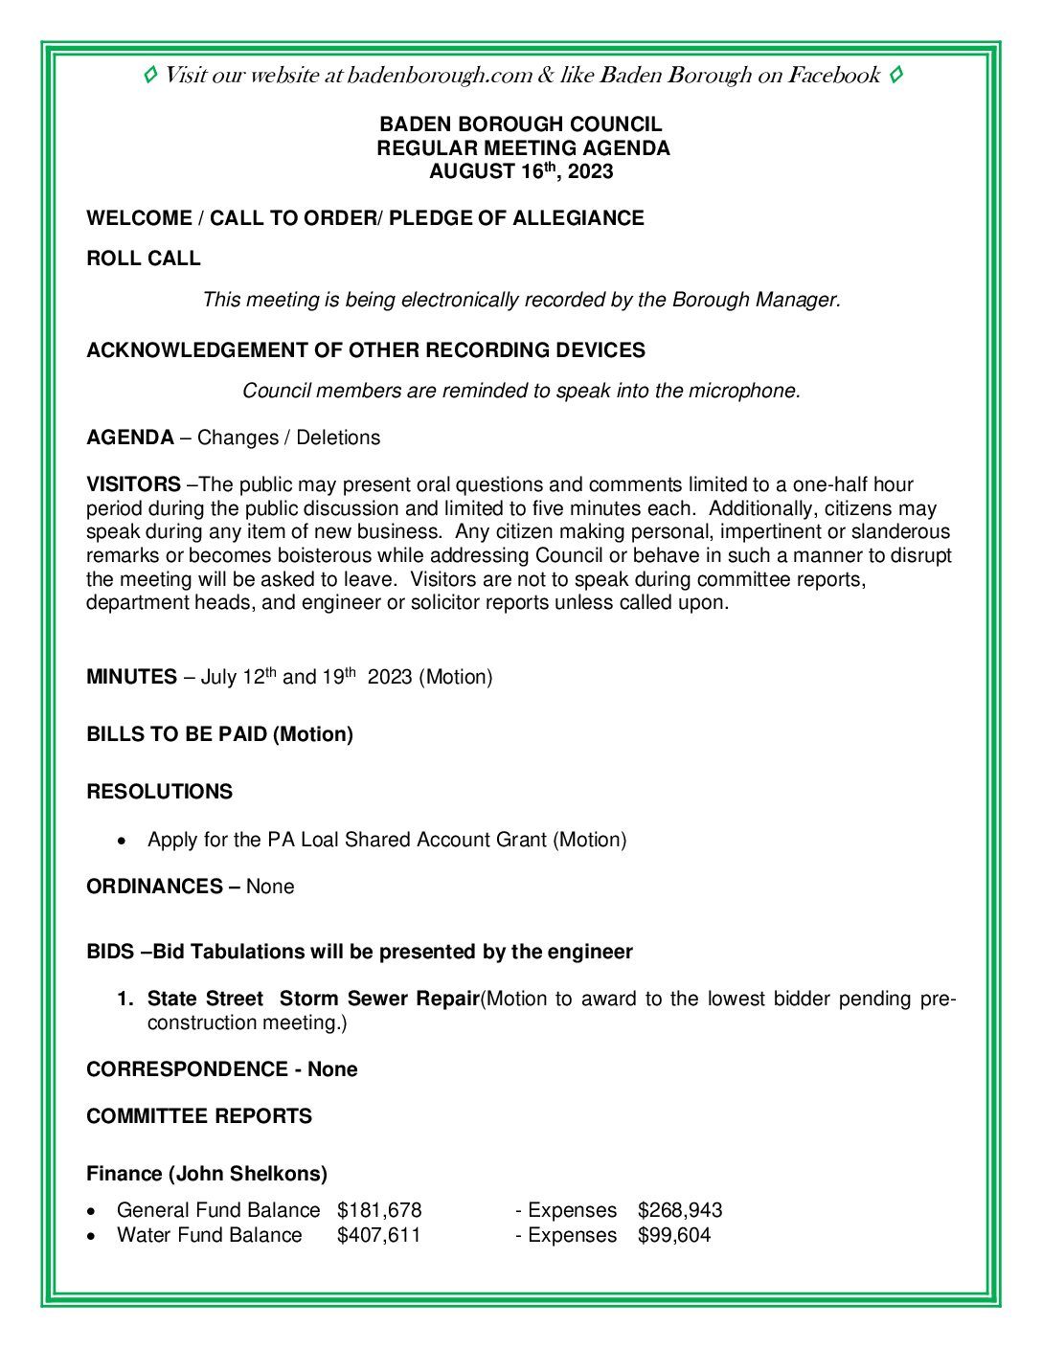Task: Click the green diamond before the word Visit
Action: pyautogui.click(x=150, y=75)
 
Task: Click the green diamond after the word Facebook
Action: pyautogui.click(x=895, y=75)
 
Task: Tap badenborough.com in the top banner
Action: pyautogui.click(x=440, y=76)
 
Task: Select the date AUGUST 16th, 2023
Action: pyautogui.click(x=521, y=172)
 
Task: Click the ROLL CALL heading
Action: pyautogui.click(x=144, y=258)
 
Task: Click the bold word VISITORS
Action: pyautogui.click(x=133, y=484)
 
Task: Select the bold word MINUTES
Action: pyautogui.click(x=131, y=678)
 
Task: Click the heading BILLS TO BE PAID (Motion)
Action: pyautogui.click(x=219, y=734)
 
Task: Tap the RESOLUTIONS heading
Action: pyautogui.click(x=159, y=792)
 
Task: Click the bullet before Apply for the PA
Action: pyautogui.click(x=121, y=842)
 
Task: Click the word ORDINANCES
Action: pyautogui.click(x=155, y=887)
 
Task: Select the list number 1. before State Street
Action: pyautogui.click(x=125, y=1000)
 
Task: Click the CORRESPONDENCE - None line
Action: pyautogui.click(x=221, y=1069)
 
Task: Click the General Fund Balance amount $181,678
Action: pyautogui.click(x=379, y=1210)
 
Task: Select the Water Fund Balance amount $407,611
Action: pyautogui.click(x=379, y=1235)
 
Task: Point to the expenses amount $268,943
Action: pyautogui.click(x=680, y=1210)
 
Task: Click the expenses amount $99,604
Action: pyautogui.click(x=674, y=1235)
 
